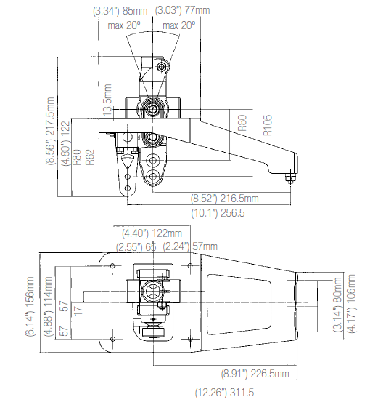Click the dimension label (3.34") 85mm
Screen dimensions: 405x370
pos(121,11)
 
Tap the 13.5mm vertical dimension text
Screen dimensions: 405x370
pos(108,103)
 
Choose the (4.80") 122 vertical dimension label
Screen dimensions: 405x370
pos(65,143)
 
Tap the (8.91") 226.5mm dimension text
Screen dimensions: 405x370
pos(255,374)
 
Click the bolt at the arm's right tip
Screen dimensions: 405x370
pos(290,178)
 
